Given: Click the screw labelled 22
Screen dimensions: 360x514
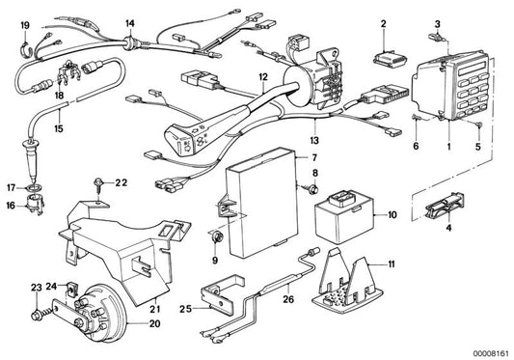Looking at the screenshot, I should (99, 181).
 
